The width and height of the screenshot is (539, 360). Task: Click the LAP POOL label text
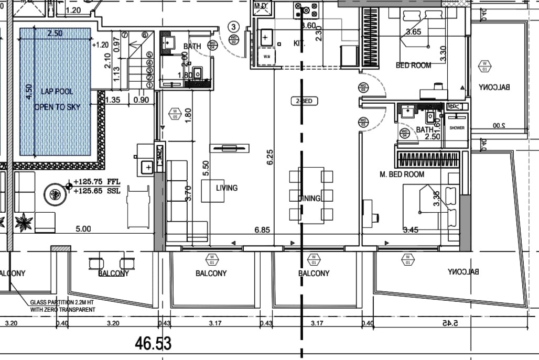tap(53, 92)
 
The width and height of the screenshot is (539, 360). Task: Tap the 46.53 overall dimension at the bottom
tap(153, 344)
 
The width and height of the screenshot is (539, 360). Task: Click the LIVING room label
tap(227, 188)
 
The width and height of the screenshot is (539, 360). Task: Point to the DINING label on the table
tap(309, 198)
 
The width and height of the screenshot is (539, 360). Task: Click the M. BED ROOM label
tap(402, 174)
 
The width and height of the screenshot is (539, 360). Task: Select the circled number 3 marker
tap(234, 26)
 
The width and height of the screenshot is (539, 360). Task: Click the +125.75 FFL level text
tap(97, 182)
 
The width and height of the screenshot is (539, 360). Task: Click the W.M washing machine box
tap(266, 56)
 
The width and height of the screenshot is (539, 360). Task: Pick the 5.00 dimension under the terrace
tap(83, 228)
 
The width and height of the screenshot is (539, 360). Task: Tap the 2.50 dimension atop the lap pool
tap(55, 33)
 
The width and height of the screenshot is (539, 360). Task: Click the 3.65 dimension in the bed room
tap(414, 32)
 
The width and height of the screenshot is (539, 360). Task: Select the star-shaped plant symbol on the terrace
tap(24, 222)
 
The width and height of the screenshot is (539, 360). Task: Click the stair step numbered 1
tap(149, 84)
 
